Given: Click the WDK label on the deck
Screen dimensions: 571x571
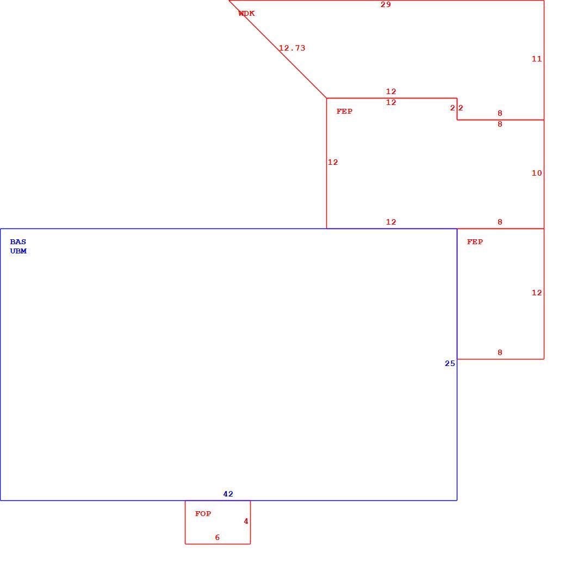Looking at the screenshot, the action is (246, 14).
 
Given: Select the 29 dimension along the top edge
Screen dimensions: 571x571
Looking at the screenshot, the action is (386, 5).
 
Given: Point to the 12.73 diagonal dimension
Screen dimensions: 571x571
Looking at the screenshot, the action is (292, 48).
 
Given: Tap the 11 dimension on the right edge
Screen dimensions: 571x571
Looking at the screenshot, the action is (537, 59).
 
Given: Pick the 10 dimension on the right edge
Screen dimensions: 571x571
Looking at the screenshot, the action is (537, 173).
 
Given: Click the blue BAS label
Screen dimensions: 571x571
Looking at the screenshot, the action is (18, 242).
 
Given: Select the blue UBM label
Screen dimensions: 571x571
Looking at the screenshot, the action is (18, 251).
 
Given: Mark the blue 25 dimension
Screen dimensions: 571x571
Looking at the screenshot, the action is (450, 363).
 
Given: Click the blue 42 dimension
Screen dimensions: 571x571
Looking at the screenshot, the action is (228, 494).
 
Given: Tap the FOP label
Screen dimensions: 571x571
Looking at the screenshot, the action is (203, 514).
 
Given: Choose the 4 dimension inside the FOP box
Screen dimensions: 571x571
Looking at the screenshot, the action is (246, 522).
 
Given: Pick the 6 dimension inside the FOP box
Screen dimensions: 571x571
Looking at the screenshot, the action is (218, 538).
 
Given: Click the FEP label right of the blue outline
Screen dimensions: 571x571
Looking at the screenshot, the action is (475, 242).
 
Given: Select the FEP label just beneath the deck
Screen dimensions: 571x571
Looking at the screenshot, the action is (344, 111).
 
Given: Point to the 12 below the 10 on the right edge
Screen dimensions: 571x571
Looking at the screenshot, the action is (537, 293).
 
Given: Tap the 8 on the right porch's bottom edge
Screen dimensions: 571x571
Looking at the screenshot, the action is (500, 352).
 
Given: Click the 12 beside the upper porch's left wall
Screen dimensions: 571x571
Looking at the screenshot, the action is (333, 163).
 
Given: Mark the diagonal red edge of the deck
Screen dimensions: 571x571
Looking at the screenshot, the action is (278, 49).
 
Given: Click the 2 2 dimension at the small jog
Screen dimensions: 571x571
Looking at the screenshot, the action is (457, 108).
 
